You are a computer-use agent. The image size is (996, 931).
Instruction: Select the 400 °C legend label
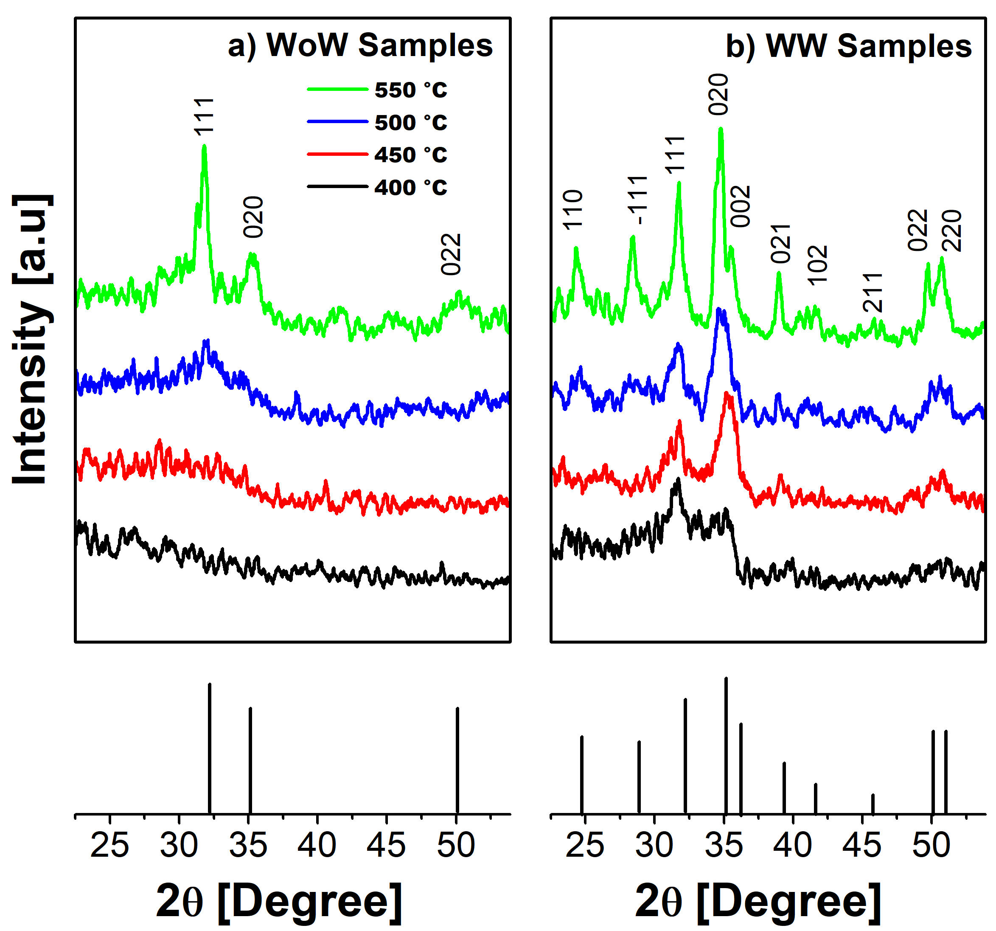pos(410,187)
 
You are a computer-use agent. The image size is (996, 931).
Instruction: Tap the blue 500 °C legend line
pos(337,122)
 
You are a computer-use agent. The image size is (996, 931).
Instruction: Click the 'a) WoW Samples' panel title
pos(360,45)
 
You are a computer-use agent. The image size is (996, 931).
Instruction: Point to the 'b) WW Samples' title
pos(849,47)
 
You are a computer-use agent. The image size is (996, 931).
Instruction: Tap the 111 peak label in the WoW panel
pos(205,116)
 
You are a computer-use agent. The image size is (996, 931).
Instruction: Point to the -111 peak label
pos(638,200)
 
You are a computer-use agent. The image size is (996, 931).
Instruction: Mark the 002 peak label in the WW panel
pos(741,206)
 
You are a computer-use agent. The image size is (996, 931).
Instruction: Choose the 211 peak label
pos(872,293)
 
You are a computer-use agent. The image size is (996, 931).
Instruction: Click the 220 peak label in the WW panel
pos(952,231)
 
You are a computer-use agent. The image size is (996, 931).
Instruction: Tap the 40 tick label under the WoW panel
pos(317,845)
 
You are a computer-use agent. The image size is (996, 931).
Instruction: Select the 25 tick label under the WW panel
pos(585,845)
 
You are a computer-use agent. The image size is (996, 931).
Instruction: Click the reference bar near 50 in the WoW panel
pos(457,760)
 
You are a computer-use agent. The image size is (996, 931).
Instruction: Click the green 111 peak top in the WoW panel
pos(204,147)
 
